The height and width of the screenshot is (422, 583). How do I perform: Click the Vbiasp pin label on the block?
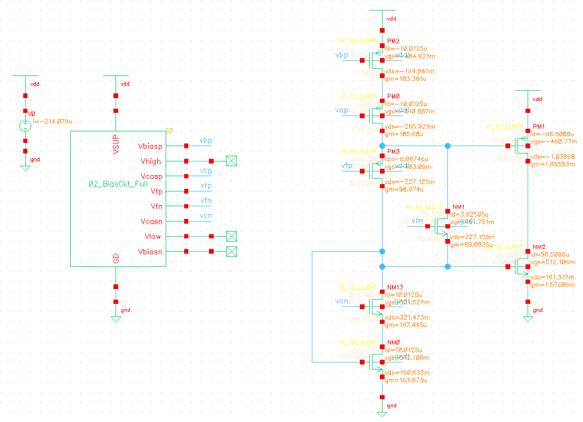point(150,146)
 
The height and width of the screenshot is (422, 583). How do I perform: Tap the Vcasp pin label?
point(150,176)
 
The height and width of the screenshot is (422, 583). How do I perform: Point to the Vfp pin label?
point(155,191)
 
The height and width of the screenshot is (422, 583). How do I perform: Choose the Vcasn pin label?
point(151,221)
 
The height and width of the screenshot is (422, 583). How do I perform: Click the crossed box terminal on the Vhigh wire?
point(231,161)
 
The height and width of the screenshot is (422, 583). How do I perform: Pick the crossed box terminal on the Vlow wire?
point(231,236)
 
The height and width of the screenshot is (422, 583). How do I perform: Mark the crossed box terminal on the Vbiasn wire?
point(231,252)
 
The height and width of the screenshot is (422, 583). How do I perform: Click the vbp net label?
point(206,140)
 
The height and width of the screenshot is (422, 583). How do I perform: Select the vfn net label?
point(206,200)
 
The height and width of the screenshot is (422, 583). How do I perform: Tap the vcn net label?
point(206,216)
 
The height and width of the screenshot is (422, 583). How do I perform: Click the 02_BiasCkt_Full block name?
point(118,184)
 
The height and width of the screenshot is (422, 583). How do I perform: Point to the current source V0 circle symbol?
point(25,126)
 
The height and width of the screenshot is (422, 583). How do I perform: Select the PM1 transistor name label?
point(539,127)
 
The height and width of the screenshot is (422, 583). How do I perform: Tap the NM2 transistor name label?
point(539,247)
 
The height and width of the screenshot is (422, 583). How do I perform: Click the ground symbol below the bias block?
point(116,319)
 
